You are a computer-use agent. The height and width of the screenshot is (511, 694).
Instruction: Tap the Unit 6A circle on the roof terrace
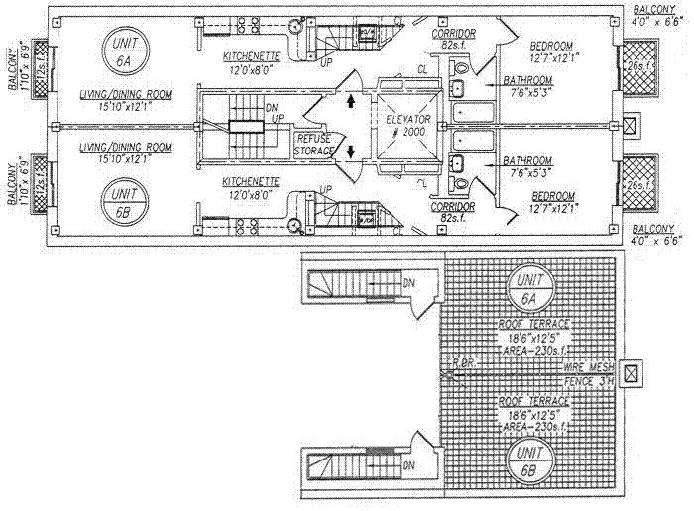524,290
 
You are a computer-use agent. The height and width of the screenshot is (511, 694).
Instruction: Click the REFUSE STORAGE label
314,146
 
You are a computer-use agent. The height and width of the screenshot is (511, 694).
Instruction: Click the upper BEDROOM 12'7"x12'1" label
550,51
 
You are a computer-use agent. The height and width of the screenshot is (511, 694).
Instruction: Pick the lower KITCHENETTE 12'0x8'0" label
250,187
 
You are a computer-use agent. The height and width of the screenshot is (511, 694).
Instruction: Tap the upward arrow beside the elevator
352,100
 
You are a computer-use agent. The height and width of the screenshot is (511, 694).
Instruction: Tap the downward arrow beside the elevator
352,153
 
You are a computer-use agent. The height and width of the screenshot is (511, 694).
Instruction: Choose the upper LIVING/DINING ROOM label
126,99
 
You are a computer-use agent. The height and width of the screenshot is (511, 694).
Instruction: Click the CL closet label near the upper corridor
423,68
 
